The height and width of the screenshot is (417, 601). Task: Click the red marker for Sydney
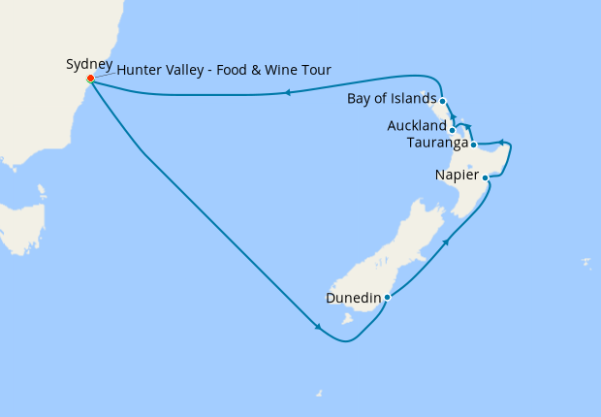point(90,79)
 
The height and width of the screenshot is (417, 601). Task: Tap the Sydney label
point(89,65)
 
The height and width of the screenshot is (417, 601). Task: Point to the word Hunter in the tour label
point(140,71)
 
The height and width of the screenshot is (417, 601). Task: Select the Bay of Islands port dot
point(442,101)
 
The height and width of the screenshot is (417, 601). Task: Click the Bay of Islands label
point(391,99)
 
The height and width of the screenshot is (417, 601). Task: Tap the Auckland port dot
point(453,129)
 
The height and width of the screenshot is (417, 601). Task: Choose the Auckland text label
point(417,126)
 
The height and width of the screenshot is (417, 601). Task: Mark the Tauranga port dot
point(473,145)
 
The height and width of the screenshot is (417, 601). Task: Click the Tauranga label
point(438,144)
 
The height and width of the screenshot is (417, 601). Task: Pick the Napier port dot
point(486,177)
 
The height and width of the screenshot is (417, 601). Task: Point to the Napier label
point(457,176)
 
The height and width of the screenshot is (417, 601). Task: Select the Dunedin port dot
point(387,298)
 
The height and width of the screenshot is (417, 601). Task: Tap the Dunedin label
point(353,298)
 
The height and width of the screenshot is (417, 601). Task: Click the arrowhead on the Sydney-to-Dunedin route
point(318,327)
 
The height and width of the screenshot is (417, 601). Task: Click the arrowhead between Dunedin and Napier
point(446,241)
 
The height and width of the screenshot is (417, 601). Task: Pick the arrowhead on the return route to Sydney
point(288,93)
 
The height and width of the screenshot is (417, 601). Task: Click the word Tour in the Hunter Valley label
point(314,71)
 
